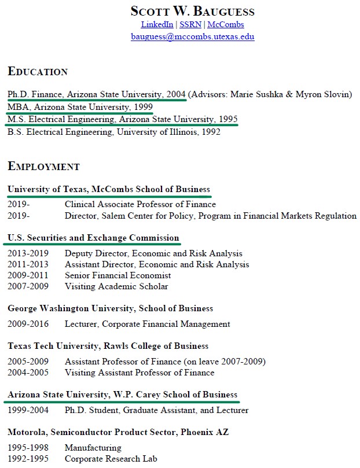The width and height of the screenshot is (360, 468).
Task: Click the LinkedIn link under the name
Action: point(157,24)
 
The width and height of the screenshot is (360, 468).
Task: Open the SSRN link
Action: point(190,24)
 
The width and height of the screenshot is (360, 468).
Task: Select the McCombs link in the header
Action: point(225,24)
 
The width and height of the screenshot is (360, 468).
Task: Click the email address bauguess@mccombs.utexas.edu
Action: point(192,36)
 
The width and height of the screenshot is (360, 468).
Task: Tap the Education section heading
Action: point(38,72)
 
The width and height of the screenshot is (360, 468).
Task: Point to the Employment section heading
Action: point(43,167)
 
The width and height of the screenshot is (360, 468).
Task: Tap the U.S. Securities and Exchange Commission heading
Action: point(93,238)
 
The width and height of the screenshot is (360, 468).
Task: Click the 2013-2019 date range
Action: point(28,253)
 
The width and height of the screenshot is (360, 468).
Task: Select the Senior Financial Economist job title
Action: point(117,275)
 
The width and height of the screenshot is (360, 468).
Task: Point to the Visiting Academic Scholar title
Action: point(116,286)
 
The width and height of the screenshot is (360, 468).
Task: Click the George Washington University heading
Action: point(110,308)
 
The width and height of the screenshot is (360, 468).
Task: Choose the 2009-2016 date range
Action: point(28,324)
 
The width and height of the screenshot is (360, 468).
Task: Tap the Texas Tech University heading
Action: point(108,346)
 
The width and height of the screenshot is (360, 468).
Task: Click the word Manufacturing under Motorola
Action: point(93,448)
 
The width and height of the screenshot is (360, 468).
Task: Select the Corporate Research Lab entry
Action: point(111,459)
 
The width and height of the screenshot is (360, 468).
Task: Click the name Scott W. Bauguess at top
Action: point(192,11)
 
